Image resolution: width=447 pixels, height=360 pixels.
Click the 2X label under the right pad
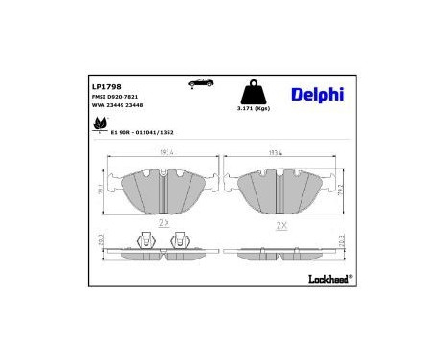(x=281, y=226)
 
